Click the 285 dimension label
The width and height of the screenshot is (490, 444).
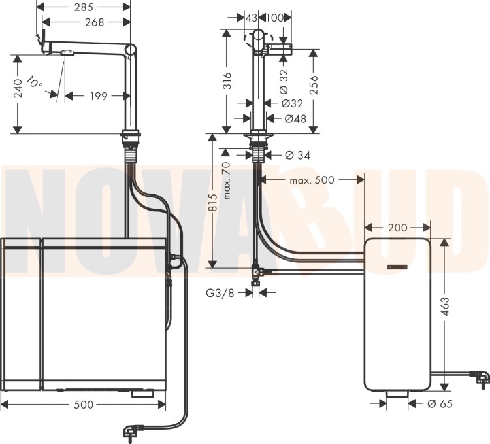84,7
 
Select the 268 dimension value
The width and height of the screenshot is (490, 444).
94,22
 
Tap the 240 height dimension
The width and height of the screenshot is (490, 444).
19,88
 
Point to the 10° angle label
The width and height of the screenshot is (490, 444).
35,82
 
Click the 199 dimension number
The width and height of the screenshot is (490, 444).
99,96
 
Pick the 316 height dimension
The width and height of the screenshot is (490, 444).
228,80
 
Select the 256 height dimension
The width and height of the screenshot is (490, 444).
313,85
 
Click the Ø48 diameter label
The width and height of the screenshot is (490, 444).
295,119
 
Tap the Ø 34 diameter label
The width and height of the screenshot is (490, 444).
298,155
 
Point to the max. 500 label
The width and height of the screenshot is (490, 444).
312,180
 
